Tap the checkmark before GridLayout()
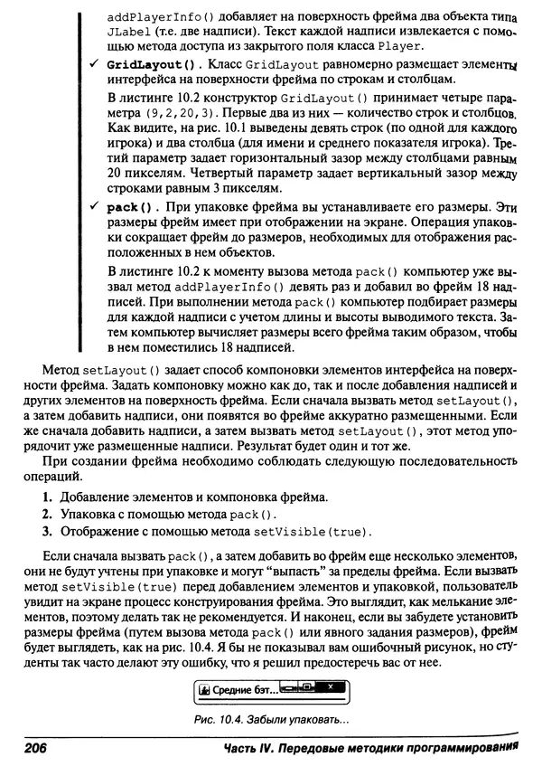click(93, 66)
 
